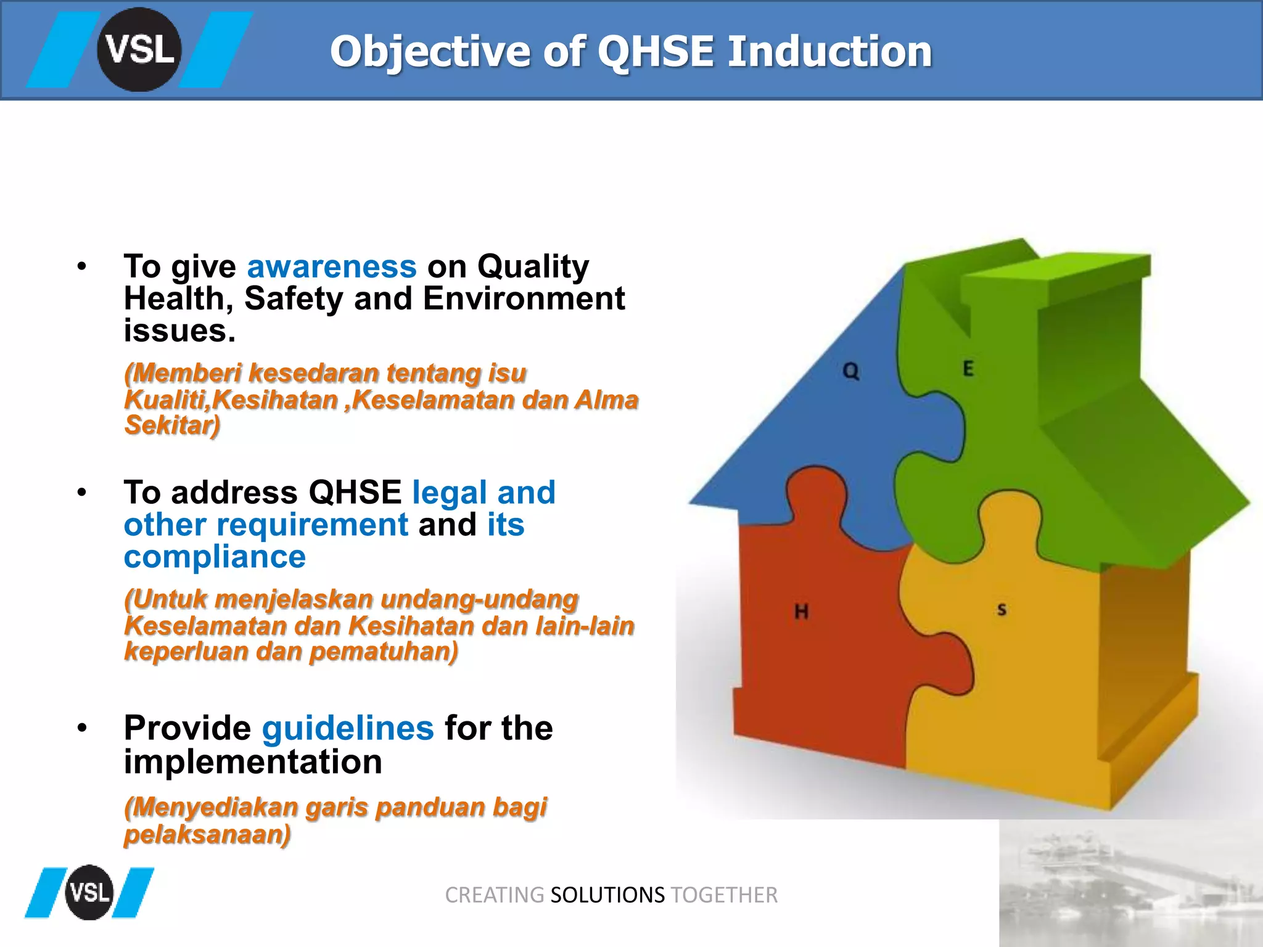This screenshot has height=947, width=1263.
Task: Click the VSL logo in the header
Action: coord(139,50)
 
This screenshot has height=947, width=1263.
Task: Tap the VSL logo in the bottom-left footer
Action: coord(89,892)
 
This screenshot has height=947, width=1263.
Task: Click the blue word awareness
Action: coord(332,267)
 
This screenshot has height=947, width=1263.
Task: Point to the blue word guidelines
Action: coord(348,728)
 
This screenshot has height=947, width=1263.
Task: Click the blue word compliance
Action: coord(215,557)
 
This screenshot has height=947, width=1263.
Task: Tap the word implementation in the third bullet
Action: coord(253,762)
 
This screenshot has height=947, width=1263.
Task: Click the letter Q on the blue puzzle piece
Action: coord(850,371)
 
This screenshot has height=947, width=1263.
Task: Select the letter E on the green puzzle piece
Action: coord(968,369)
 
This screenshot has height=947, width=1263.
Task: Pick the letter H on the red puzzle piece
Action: coord(801,612)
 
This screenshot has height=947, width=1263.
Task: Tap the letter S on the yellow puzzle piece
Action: coord(1002,610)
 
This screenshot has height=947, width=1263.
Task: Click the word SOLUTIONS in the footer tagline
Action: coord(607,895)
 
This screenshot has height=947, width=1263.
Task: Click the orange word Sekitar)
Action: coord(172,425)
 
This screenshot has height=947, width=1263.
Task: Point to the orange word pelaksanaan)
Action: coord(207,834)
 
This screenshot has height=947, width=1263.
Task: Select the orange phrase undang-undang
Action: coord(479,599)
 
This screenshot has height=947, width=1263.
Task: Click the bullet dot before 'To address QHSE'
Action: coord(82,493)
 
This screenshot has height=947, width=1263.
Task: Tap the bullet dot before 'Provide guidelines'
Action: coord(82,728)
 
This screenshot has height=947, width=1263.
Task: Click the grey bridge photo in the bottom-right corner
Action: coord(1130,883)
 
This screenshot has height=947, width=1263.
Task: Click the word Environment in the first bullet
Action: coord(524,299)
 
